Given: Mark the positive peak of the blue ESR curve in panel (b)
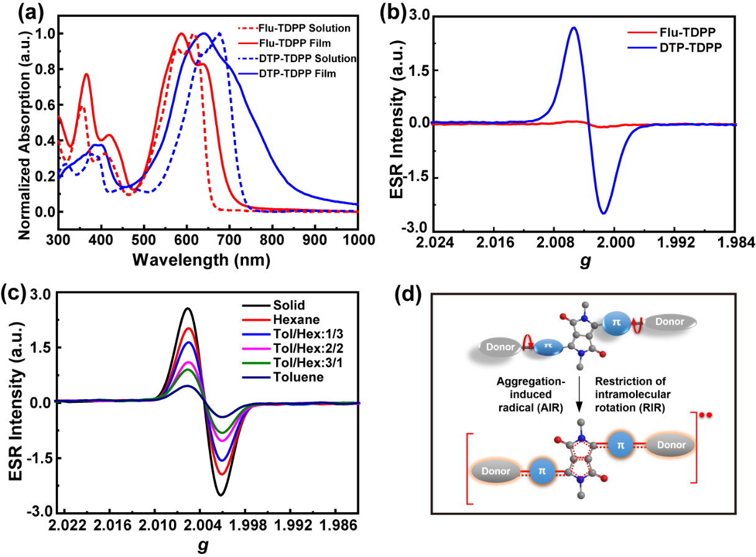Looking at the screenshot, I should pos(574,28).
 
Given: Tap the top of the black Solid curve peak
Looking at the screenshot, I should pos(188,308).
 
